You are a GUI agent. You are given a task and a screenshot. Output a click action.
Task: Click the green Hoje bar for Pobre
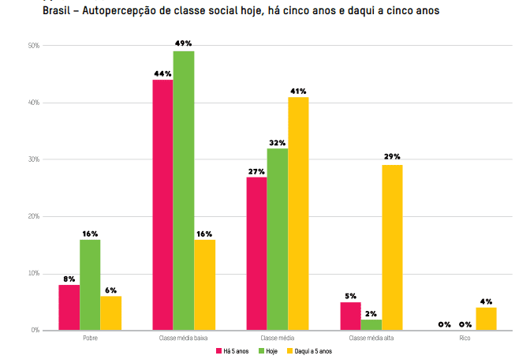90,285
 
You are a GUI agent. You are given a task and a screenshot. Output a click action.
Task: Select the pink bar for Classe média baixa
162,204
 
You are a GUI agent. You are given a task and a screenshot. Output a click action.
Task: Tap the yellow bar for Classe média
298,213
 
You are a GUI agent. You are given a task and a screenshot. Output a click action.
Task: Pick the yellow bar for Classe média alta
392,247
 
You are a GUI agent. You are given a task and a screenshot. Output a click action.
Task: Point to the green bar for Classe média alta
371,324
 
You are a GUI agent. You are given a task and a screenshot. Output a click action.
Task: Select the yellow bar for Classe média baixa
204,285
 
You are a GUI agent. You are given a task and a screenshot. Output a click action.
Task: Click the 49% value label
184,43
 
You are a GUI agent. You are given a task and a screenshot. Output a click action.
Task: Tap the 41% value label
298,91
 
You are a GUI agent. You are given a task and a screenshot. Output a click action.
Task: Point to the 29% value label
392,157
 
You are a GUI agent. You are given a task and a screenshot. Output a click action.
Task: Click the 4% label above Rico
487,301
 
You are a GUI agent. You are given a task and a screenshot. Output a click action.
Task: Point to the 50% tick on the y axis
34,46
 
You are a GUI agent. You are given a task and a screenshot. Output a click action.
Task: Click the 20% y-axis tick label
34,216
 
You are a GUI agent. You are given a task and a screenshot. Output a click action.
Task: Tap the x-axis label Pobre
90,338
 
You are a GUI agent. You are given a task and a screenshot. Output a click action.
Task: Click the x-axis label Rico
465,338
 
